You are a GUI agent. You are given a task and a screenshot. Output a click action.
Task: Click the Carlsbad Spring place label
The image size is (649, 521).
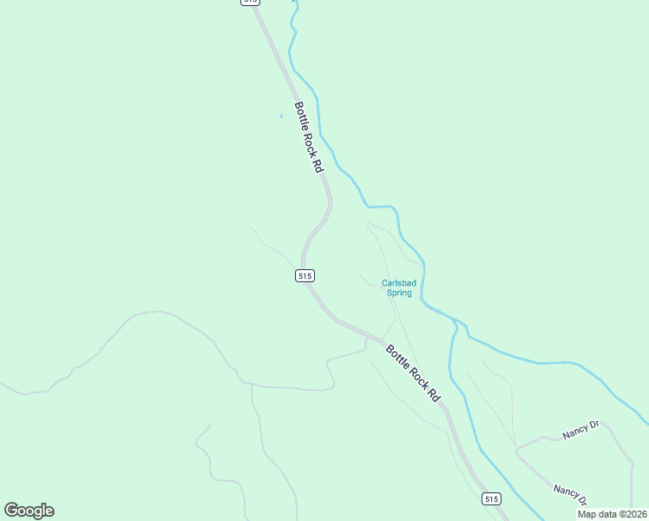coord(398,287)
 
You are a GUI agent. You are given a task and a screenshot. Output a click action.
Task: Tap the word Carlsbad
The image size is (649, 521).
coord(398,282)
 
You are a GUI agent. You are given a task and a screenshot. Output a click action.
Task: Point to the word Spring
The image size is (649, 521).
coord(398,293)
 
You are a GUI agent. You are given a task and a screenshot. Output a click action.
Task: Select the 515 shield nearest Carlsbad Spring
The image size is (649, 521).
coord(304,275)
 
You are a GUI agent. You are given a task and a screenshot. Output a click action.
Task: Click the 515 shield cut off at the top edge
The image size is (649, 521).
coord(250,3)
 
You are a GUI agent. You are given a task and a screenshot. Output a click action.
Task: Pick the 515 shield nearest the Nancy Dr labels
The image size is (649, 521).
coord(491,498)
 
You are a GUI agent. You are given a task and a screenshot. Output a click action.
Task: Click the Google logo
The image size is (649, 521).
coord(29,511)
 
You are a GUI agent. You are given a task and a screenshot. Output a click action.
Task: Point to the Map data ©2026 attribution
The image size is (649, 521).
coord(611,514)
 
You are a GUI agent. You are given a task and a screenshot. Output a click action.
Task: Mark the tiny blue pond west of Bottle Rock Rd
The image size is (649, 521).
coord(281,116)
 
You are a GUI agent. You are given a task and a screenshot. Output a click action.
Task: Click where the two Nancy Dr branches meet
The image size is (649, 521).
coord(516,450)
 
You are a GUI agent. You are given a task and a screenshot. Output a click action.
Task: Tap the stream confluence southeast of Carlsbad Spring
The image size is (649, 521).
coord(453,321)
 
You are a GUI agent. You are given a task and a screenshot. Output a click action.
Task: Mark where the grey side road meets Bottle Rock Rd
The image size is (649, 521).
coord(365,340)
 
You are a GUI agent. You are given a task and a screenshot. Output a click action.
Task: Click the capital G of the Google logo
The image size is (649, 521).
coord(11,511)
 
